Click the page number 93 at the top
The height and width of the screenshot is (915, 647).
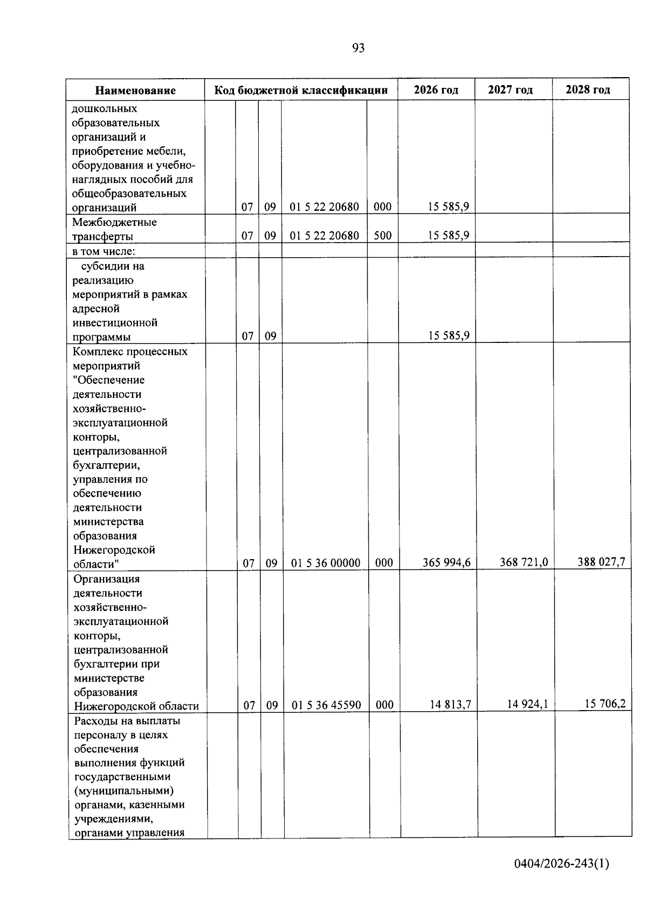pos(358,49)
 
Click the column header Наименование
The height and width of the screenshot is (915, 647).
pos(135,90)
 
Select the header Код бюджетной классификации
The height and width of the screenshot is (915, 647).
pos(301,90)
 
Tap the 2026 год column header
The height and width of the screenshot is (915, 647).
pos(436,90)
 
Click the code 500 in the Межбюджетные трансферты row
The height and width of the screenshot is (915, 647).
pos(382,236)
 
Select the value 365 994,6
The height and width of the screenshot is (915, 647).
pos(446,563)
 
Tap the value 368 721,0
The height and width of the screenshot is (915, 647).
pos(524,562)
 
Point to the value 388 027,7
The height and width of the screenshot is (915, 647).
pos(601,562)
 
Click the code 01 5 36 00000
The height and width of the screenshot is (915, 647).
pos(326,563)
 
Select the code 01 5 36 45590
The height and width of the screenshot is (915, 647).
pos(326,705)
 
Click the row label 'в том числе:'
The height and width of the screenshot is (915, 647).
pos(104,251)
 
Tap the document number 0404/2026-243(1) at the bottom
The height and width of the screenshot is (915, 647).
pos(561,864)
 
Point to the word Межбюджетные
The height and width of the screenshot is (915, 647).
pos(114,222)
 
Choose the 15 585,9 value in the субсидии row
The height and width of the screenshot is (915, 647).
pos(449,336)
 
